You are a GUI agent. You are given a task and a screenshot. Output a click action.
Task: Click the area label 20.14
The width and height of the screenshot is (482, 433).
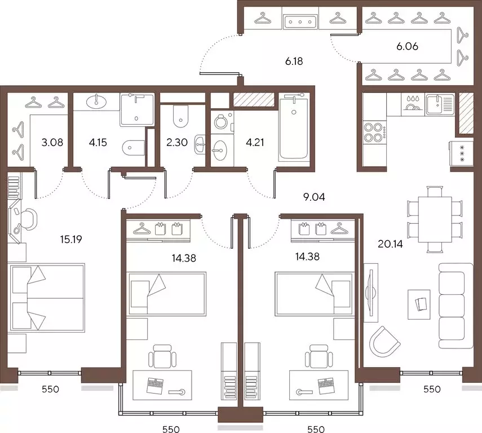(390, 244)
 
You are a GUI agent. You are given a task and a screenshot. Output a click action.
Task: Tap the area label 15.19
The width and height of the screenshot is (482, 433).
(71, 239)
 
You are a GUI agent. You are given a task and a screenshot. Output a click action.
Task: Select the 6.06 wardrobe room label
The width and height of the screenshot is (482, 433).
(407, 46)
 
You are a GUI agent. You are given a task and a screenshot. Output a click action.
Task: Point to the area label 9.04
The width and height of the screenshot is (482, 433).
(314, 197)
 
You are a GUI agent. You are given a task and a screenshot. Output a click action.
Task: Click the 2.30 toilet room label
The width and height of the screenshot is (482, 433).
(177, 143)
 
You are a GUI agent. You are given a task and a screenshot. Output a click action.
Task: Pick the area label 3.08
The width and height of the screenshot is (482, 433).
(52, 143)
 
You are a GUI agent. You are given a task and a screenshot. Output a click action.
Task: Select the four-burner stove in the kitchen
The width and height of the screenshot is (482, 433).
(374, 132)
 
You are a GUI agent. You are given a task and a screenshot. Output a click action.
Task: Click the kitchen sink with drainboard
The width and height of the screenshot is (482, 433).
(440, 104)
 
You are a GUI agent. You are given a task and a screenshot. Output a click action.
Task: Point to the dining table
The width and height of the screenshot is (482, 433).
(435, 220)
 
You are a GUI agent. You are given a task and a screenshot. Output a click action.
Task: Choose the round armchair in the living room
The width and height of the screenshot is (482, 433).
(384, 341)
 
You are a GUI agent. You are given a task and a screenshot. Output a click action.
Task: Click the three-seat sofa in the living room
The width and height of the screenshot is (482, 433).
(456, 306)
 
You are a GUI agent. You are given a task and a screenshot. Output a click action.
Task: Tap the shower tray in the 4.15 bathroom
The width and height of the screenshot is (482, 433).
(137, 109)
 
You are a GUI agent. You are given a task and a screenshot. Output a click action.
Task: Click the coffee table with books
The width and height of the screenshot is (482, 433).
(419, 304)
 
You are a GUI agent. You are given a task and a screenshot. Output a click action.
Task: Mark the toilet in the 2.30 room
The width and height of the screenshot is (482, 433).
(180, 117)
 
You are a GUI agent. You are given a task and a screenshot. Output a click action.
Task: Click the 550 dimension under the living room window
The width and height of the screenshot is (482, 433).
(432, 390)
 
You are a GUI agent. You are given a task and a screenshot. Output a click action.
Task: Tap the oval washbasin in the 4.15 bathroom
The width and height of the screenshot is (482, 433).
(97, 100)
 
